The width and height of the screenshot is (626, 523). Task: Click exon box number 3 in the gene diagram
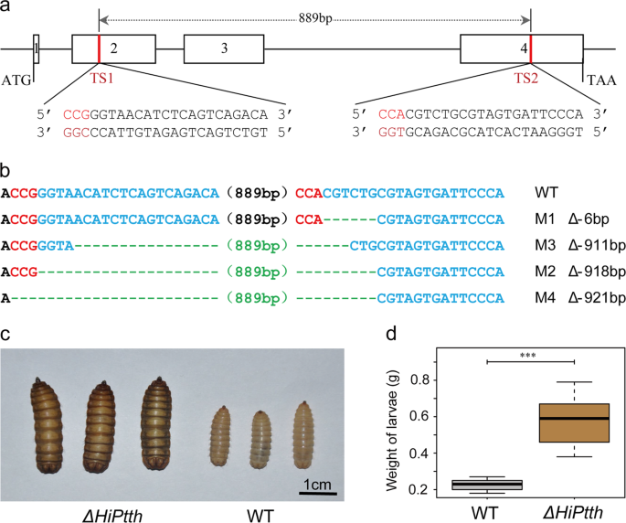click(224, 48)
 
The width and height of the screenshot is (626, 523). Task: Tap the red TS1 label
click(101, 79)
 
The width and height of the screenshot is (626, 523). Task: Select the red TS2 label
click(525, 79)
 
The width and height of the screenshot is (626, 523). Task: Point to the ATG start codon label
click(16, 80)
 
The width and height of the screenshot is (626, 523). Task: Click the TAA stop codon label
click(601, 80)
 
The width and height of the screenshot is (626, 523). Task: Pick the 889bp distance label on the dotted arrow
click(315, 18)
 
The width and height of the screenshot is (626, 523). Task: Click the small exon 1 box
click(36, 48)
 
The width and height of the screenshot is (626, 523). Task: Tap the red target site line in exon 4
click(531, 48)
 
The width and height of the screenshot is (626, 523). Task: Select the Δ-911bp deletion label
click(597, 245)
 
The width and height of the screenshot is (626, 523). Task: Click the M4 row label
click(545, 298)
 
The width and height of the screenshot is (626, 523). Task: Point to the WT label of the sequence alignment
click(546, 193)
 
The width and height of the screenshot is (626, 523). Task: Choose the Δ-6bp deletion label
click(589, 219)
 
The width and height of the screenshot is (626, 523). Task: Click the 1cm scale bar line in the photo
click(318, 494)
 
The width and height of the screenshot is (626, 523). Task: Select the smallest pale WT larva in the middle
click(260, 440)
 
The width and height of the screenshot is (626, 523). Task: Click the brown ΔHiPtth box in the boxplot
click(574, 422)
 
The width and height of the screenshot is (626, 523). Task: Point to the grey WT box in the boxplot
click(487, 485)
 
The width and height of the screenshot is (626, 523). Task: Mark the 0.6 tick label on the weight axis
click(420, 416)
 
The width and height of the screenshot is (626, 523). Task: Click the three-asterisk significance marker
click(528, 355)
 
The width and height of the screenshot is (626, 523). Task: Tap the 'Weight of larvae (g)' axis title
click(392, 430)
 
